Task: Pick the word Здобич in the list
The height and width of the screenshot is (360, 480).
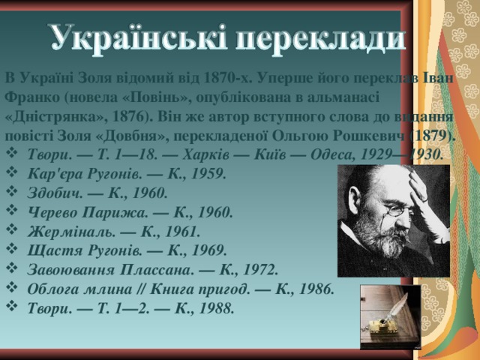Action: [x=52, y=193]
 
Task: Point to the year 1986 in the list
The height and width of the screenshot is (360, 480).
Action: [x=315, y=288]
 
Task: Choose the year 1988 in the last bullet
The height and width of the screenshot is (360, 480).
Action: [x=215, y=307]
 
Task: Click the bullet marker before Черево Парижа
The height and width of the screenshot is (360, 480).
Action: [x=10, y=211]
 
